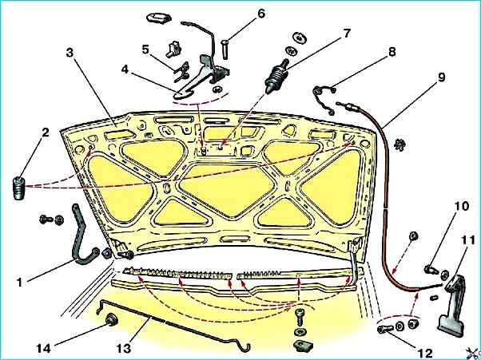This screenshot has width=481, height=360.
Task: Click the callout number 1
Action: (20, 283)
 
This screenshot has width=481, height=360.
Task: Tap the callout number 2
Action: (46, 133)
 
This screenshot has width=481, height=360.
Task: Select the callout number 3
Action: (70, 53)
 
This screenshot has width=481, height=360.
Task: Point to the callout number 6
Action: (261, 14)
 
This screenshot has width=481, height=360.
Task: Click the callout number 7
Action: (346, 33)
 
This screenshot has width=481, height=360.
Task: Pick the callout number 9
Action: (441, 77)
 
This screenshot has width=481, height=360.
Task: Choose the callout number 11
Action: (467, 240)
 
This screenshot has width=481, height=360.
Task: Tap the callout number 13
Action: (124, 348)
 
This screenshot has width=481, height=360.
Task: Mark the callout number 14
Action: (44, 348)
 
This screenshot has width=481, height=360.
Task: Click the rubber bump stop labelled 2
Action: (18, 188)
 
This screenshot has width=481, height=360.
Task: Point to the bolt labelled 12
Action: (385, 329)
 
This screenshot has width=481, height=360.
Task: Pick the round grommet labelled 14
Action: (111, 320)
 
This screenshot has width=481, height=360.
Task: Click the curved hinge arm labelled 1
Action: (81, 239)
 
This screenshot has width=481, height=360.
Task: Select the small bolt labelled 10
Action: (431, 270)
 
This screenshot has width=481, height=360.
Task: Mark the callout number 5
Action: (145, 49)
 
